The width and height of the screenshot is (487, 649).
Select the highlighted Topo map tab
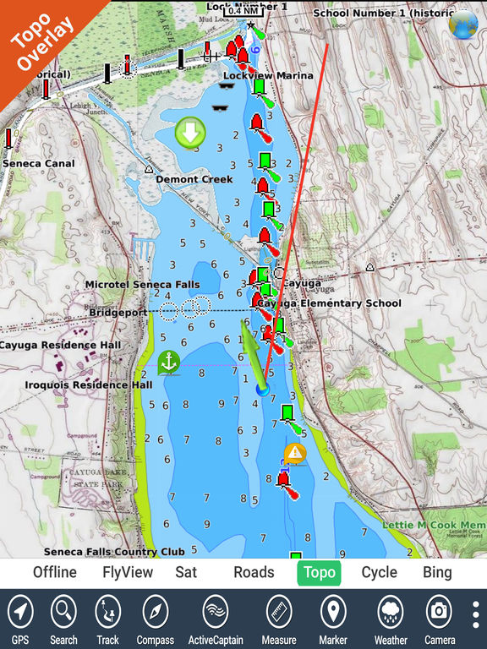click(319, 572)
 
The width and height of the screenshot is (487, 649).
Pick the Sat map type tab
click(186, 572)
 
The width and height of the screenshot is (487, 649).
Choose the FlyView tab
click(128, 572)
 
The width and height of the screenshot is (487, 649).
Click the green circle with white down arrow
click(190, 132)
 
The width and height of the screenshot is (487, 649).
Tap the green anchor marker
click(169, 363)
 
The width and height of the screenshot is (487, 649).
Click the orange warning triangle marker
click(294, 453)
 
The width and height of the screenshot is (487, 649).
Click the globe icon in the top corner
click(462, 25)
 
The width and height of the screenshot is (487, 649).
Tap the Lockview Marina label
click(268, 76)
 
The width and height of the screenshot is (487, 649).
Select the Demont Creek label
click(194, 179)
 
